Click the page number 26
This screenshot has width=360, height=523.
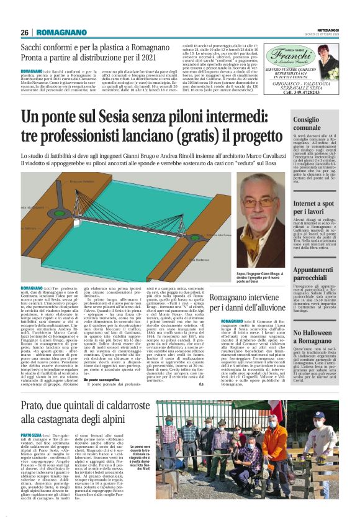[x=24, y=32]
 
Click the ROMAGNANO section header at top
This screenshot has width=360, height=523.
[x=60, y=32]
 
